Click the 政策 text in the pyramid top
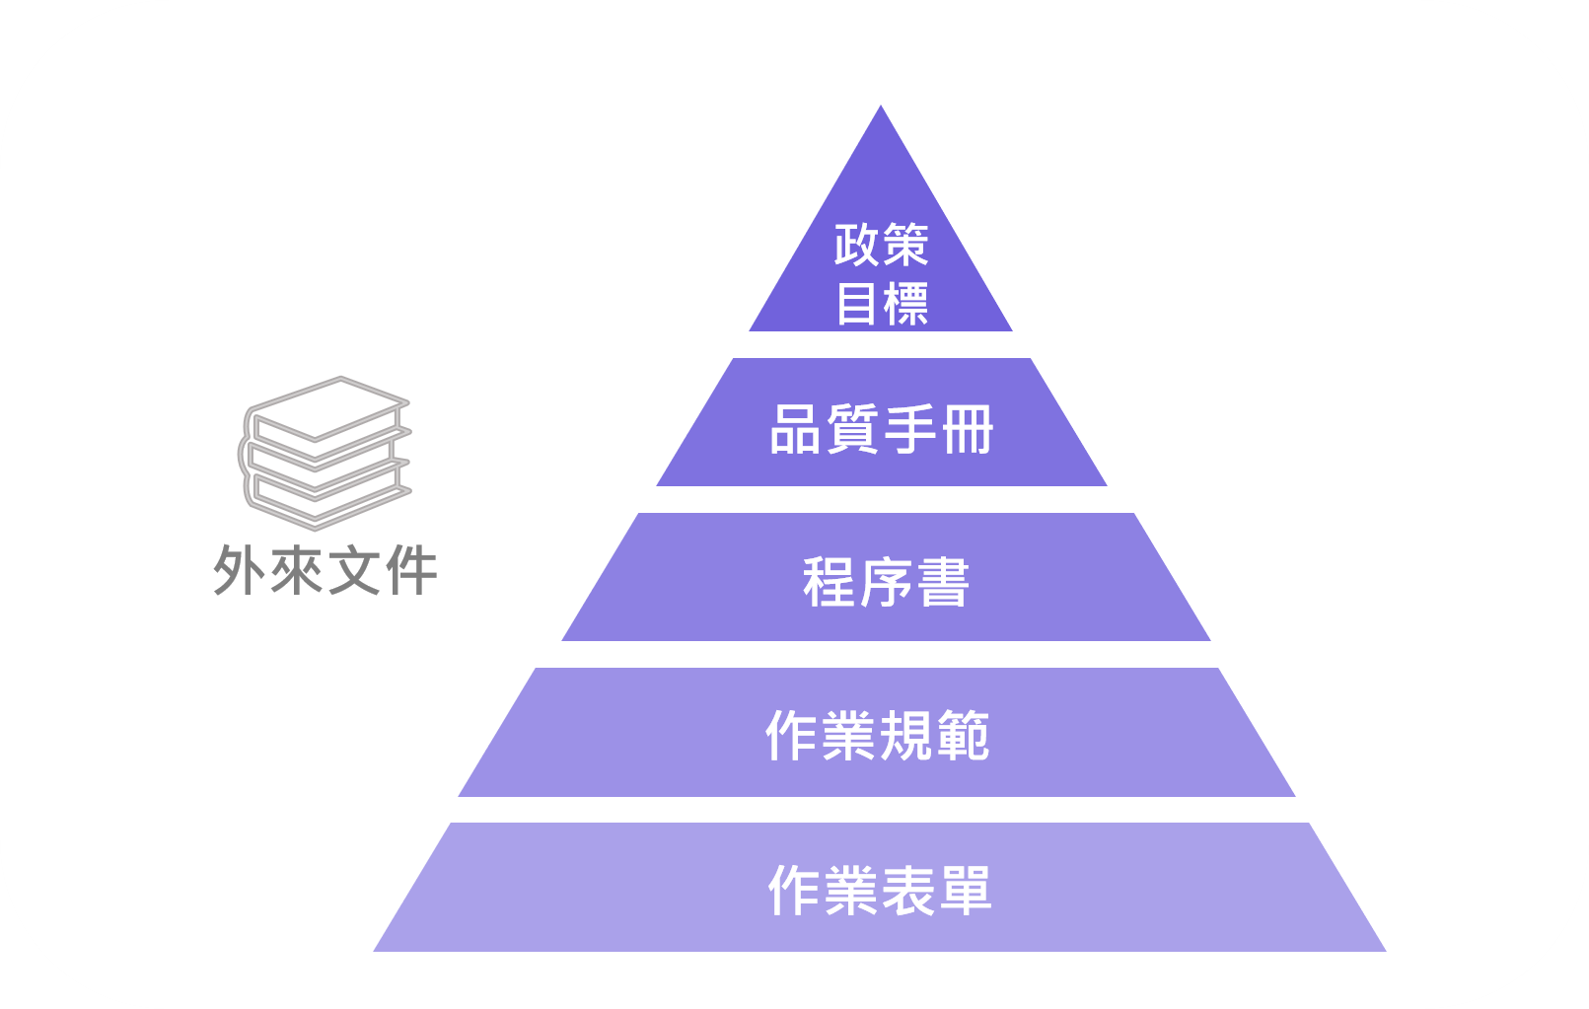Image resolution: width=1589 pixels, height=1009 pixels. point(881,245)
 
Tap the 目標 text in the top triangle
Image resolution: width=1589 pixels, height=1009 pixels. point(881,303)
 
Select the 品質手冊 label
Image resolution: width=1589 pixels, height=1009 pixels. point(881,430)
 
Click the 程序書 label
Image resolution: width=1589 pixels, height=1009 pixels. point(886,582)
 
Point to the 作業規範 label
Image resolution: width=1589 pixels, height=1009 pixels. point(877,736)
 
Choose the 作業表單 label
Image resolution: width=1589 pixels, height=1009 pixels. point(879,891)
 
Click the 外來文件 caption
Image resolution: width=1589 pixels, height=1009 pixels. point(325,570)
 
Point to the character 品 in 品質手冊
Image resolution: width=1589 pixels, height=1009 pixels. point(797,430)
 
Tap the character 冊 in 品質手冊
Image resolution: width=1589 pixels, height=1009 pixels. point(967,430)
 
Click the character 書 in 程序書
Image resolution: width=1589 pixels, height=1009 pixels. point(943,582)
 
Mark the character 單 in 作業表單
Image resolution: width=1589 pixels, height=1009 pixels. point(965,891)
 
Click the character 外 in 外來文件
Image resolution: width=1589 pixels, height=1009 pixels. point(240,570)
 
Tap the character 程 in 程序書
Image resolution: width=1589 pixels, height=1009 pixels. point(829,582)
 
